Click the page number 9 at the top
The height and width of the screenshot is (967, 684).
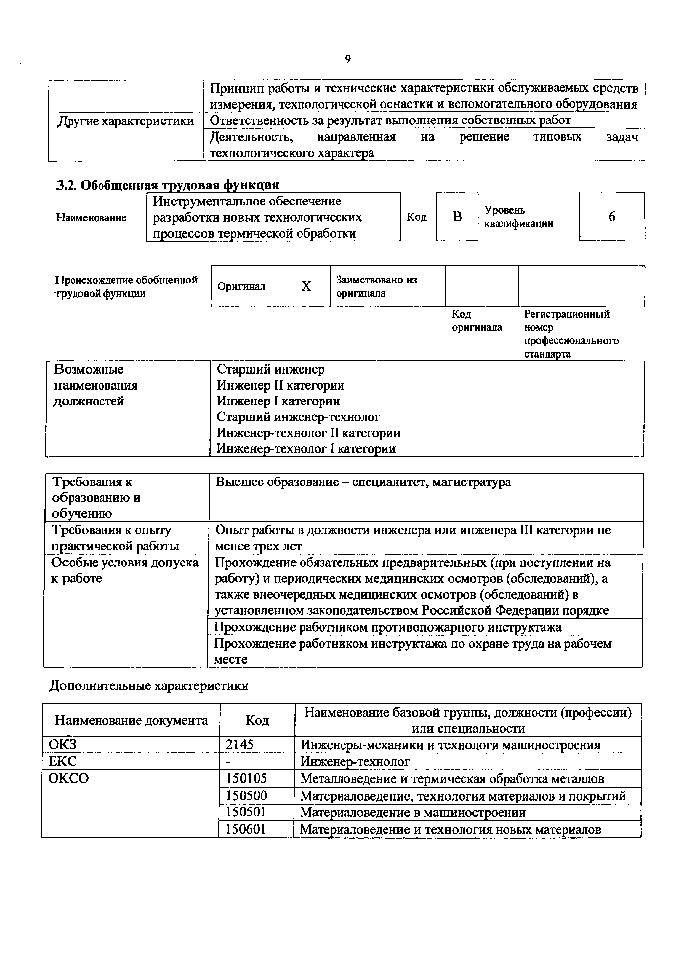[348, 59]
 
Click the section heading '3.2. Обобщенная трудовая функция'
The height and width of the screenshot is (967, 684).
[168, 185]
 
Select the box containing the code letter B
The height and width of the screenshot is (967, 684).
[457, 216]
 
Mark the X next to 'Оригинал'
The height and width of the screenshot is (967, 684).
[306, 286]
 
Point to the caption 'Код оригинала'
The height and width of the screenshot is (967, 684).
[477, 321]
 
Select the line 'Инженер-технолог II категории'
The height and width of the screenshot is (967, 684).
[308, 433]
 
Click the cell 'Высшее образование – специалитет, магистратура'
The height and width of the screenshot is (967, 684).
[363, 482]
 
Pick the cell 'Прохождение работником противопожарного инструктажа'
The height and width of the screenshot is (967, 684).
[388, 627]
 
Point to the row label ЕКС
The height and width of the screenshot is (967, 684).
[63, 761]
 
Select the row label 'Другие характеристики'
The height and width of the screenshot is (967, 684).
[126, 121]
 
